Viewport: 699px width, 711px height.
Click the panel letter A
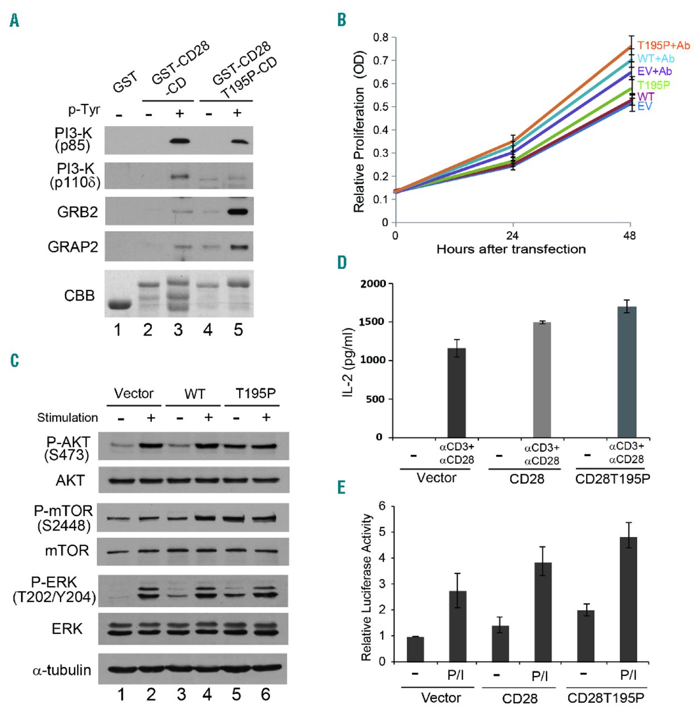pos(14,21)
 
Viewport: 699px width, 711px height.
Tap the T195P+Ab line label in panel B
pos(663,46)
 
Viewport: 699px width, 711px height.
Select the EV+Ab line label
pos(655,71)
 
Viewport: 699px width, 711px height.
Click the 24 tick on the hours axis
pos(513,236)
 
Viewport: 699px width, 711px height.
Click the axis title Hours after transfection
pos(511,249)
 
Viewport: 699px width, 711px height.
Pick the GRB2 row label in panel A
pos(77,212)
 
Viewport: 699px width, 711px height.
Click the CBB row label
pos(80,296)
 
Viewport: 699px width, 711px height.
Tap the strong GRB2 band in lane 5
pos(238,212)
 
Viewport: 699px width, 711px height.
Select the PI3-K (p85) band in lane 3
pos(178,141)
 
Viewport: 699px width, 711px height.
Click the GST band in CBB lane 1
pos(118,305)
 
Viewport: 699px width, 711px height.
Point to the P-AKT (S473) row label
pos(68,448)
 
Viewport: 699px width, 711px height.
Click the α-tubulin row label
pos(62,670)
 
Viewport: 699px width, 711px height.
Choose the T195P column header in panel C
pos(255,394)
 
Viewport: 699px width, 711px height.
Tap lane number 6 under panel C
pos(266,694)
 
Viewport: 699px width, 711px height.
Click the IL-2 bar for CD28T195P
pos(627,372)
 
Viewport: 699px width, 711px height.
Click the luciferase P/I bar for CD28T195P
pos(628,599)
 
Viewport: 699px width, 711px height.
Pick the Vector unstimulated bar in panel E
pos(415,649)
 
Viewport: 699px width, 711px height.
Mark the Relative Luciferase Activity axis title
pos(366,587)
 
